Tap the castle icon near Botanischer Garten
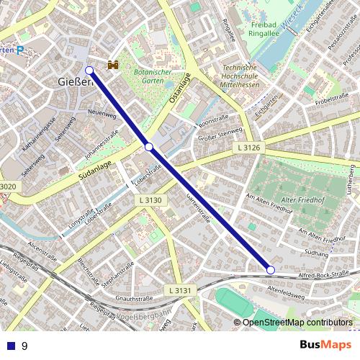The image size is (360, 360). point(112,65)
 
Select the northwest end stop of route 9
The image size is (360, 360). point(89,71)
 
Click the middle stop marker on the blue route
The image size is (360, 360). point(149,146)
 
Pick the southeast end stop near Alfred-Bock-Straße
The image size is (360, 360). point(271,269)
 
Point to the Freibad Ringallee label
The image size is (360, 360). point(268,28)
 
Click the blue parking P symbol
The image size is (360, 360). point(20,50)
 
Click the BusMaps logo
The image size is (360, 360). point(325,346)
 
